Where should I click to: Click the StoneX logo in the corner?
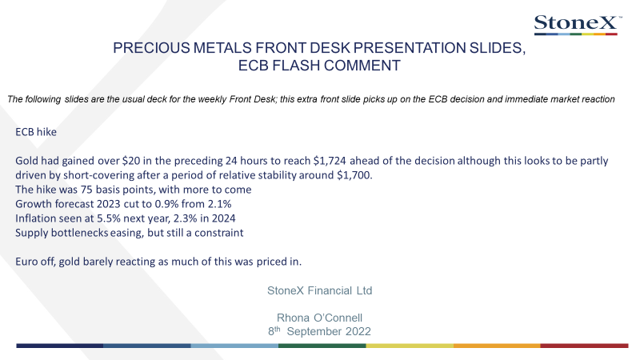click(x=578, y=25)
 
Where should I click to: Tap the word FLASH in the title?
click(x=296, y=66)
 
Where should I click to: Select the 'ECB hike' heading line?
click(x=36, y=132)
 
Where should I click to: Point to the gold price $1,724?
click(x=330, y=161)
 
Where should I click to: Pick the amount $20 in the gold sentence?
click(x=131, y=161)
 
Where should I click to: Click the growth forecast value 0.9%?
click(x=166, y=204)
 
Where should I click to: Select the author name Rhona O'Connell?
click(x=319, y=318)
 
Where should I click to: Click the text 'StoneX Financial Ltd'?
click(x=319, y=290)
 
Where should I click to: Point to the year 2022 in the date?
click(x=358, y=331)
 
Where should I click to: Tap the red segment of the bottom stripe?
click(x=584, y=346)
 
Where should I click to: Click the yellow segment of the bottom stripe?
click(x=410, y=346)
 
